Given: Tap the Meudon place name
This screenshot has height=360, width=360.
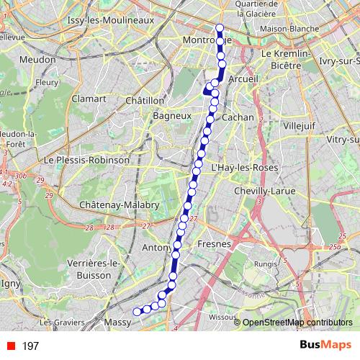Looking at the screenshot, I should tap(32, 58).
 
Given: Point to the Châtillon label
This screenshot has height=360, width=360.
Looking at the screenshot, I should tap(145, 101).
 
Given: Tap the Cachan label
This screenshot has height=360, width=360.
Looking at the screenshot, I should tap(238, 117).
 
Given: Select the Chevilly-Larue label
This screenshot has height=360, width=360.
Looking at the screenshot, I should tap(265, 192).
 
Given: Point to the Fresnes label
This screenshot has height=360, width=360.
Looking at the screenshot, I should tap(214, 244).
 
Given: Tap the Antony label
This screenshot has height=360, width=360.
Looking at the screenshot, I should tap(156, 248).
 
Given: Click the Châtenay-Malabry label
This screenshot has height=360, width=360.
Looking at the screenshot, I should tap(120, 205).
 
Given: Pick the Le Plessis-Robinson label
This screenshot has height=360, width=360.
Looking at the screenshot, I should tap(86, 160).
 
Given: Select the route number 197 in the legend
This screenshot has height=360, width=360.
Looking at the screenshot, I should tap(30, 346).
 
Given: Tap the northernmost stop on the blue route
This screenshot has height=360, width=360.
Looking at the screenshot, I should tap(220, 29).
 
